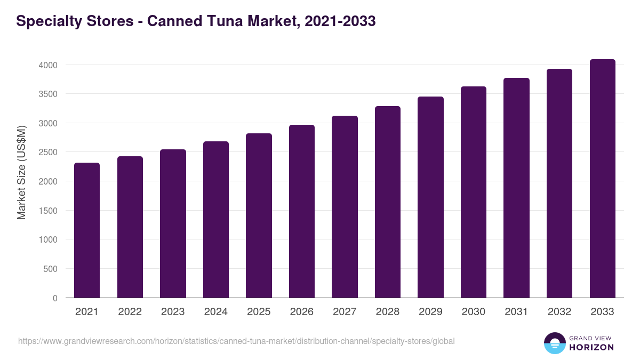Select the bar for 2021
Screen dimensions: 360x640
(87, 230)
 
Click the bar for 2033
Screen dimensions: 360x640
(602, 179)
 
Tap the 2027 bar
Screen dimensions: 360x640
(345, 207)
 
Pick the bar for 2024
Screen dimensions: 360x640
(216, 220)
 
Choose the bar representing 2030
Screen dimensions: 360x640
(474, 192)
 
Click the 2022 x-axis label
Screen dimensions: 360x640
(130, 312)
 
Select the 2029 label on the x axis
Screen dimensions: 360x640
(430, 312)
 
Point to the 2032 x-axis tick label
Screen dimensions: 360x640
(559, 312)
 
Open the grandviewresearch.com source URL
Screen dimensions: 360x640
(236, 341)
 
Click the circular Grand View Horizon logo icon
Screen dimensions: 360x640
(554, 343)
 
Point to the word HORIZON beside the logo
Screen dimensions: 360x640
(592, 347)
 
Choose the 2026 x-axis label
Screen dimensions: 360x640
(302, 312)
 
